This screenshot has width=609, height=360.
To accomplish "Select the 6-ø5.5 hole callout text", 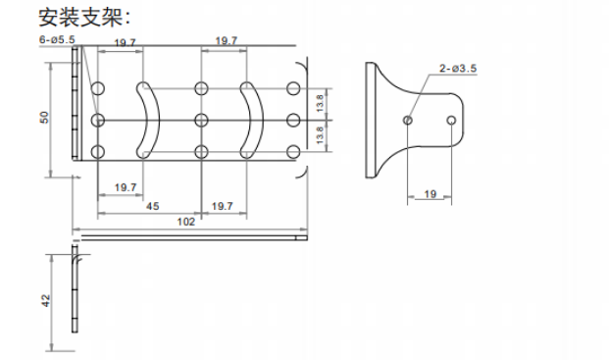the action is (x=57, y=39).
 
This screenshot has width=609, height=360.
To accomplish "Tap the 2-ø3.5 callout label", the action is (x=458, y=69).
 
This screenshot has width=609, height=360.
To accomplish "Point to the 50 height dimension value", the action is (x=45, y=118).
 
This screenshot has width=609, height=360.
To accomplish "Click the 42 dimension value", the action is (x=45, y=300).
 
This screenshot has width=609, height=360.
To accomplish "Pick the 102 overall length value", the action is (x=185, y=222).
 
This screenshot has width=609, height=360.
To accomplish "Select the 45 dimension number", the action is (x=153, y=206).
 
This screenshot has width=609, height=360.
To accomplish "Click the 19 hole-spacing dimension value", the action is (x=430, y=194).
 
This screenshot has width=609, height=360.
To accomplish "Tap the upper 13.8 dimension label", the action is (x=320, y=103).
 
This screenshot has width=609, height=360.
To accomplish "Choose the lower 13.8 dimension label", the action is (x=320, y=135).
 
